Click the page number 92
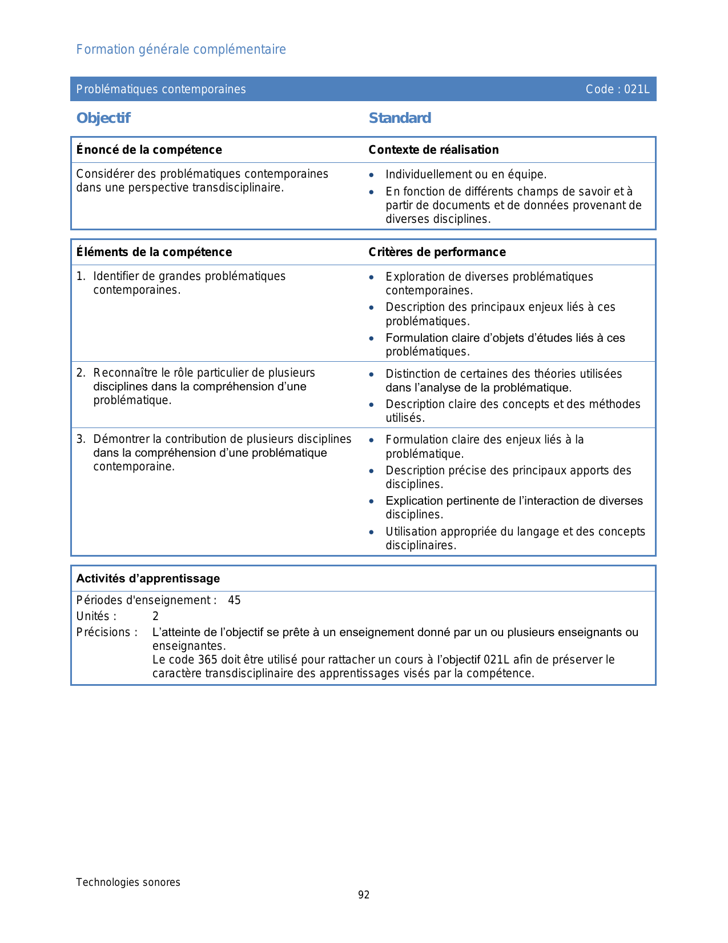coord(364,895)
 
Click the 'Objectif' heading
coord(103,118)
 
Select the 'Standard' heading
coord(400,118)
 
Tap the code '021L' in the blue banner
coord(637,89)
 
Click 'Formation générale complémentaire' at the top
coord(181,50)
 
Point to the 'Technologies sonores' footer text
coord(128,882)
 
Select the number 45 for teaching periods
coord(234,601)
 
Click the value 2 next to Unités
coord(155,617)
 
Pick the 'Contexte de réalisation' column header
coord(433,150)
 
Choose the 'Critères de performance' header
coord(437,252)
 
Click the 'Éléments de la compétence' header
coord(154,252)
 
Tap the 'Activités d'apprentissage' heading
coord(148,578)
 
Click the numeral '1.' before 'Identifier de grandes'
coord(81,277)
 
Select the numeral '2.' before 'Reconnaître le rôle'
coord(81,373)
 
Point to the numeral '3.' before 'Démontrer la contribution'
coord(81,439)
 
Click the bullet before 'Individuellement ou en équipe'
coord(372,175)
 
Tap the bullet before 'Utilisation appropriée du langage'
coord(372,532)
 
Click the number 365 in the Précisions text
coord(207,660)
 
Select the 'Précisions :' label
coord(107,633)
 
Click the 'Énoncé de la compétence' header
coord(149,150)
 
